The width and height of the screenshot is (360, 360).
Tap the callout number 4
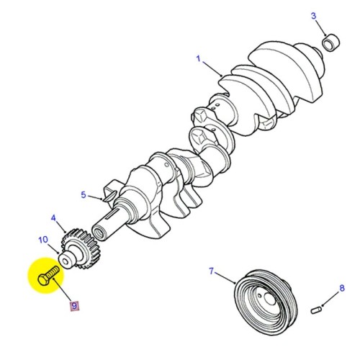click(53, 217)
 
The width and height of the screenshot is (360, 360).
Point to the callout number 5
click(84, 194)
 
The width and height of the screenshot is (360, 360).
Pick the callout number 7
click(212, 271)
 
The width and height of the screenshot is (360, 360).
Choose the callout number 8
click(343, 288)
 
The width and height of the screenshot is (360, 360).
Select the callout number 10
click(42, 239)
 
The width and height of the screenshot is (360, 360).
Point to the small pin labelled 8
click(315, 310)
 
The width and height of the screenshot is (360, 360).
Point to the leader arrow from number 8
click(330, 298)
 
